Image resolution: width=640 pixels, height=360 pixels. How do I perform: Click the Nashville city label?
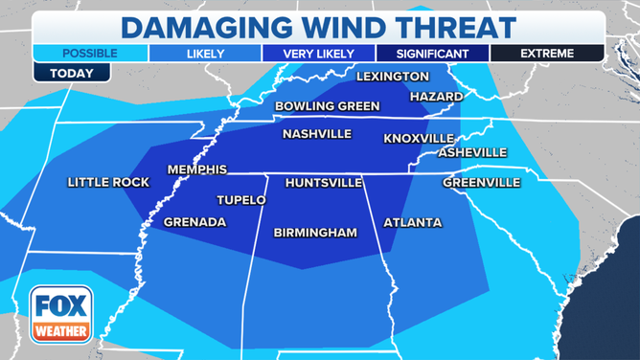(316, 134)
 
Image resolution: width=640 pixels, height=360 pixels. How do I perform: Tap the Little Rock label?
(104, 182)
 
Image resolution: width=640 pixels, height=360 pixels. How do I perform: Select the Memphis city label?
(196, 169)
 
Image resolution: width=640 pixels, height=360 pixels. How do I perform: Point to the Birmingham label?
(315, 232)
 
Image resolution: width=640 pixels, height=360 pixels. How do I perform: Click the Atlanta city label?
(412, 222)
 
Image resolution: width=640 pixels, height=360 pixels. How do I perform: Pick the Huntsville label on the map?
(324, 182)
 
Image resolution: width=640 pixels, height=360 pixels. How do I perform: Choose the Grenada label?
(194, 222)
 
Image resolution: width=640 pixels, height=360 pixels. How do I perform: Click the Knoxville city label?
(418, 138)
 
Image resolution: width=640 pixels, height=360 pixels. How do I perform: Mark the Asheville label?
(472, 152)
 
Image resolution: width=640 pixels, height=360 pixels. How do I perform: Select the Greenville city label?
(481, 182)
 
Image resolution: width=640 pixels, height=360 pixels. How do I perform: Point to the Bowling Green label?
(327, 105)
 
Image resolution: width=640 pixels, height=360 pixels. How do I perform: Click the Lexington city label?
(392, 76)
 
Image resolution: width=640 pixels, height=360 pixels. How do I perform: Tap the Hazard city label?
(436, 97)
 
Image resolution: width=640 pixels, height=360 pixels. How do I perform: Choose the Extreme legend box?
(547, 54)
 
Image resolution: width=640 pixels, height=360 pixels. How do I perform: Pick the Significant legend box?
(432, 54)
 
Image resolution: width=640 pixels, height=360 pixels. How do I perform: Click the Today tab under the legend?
(57, 72)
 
